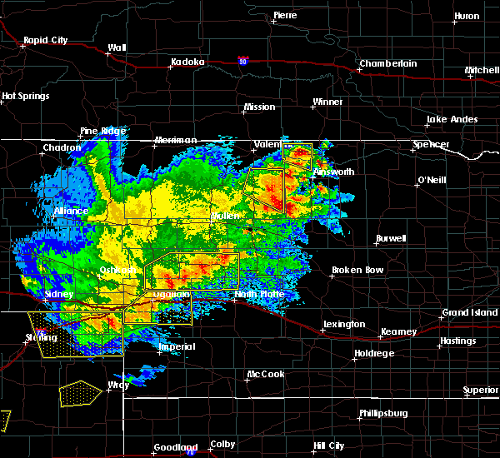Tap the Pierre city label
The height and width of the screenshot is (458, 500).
pos(285,15)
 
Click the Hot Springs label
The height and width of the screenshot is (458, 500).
pos(25,96)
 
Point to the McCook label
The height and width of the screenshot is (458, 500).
pos(265,374)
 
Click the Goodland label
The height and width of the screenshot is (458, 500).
pos(173,448)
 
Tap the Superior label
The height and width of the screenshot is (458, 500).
pos(481,390)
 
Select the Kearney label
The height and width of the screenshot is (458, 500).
pos(398,331)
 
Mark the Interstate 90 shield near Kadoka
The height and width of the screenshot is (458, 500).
pos(242,61)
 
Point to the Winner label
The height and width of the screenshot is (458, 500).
pos(327,102)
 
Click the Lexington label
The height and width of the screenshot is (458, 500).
pos(344,324)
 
